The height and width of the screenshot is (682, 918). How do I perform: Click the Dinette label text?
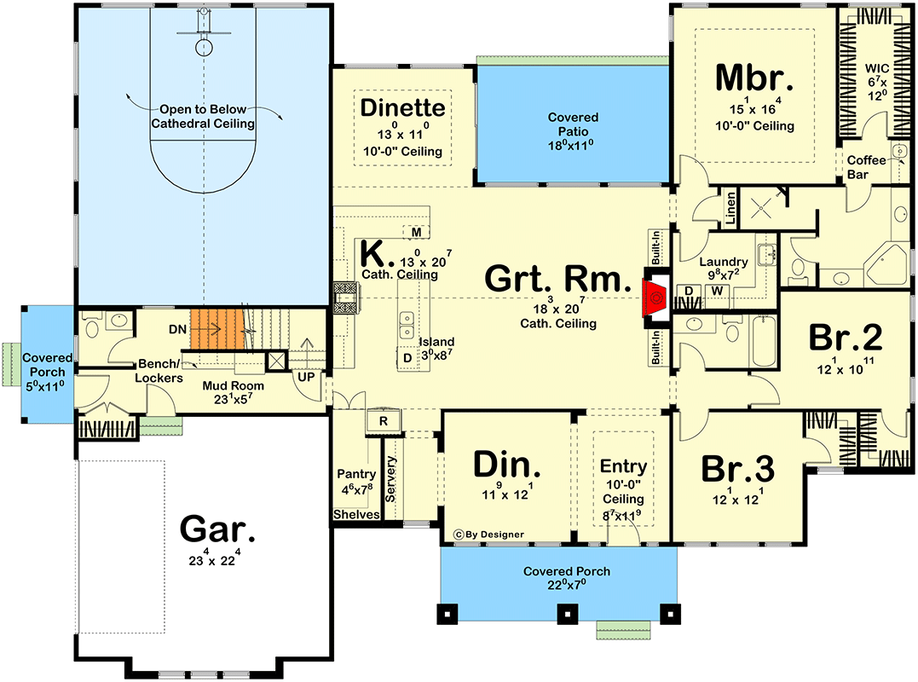point(402,108)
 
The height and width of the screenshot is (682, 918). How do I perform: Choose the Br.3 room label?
point(737,469)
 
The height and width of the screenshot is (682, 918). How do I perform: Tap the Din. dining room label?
point(507,465)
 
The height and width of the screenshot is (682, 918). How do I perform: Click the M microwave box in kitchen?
point(416,232)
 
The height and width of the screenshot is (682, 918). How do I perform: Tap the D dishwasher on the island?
point(407,357)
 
